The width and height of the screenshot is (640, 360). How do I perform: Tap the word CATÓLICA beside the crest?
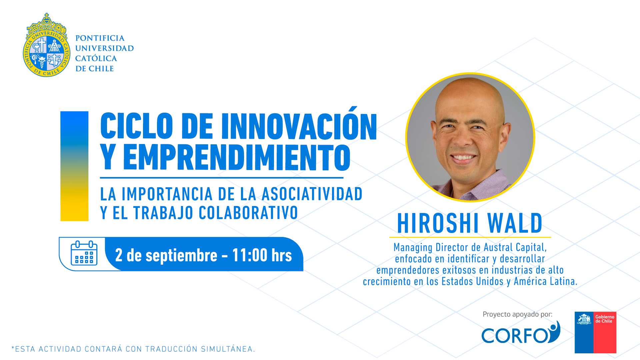96,58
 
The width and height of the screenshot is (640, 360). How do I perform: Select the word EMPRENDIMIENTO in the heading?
237,157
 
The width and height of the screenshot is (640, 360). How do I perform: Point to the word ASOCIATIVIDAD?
312,194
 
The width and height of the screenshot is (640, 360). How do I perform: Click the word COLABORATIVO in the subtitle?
248,213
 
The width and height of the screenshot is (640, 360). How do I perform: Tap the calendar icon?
84,253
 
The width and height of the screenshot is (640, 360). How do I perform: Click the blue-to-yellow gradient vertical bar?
74,166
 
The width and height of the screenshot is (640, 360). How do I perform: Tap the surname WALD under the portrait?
515,223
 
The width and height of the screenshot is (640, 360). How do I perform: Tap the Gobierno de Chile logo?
595,332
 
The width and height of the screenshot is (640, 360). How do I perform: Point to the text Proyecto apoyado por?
517,314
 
